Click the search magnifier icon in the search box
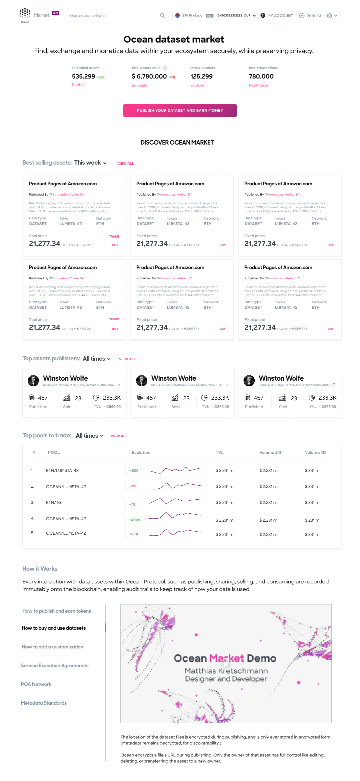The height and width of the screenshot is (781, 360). coord(162,16)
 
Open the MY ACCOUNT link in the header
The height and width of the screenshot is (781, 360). coord(280,16)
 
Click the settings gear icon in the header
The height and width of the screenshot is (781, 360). coord(329,16)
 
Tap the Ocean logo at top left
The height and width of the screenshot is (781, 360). coord(25,16)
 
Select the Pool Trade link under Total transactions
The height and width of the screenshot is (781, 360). coord(258,86)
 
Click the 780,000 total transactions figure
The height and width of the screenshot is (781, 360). coord(261,77)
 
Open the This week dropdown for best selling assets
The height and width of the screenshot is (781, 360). coord(90,163)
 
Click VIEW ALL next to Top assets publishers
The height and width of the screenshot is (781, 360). coord(127,359)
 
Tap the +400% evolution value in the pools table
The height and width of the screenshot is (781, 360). coord(135,520)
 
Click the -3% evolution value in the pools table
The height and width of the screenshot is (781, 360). coord(133,486)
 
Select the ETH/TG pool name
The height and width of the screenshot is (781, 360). coord(54,502)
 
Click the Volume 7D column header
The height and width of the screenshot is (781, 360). coord(315,452)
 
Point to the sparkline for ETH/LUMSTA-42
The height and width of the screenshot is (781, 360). coord(174,470)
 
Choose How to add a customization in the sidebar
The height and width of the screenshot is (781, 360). coord(52,647)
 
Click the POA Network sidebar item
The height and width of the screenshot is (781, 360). coord(36,684)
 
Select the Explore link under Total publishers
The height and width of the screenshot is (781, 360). coord(197,86)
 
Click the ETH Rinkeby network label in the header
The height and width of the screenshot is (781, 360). coord(192,16)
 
